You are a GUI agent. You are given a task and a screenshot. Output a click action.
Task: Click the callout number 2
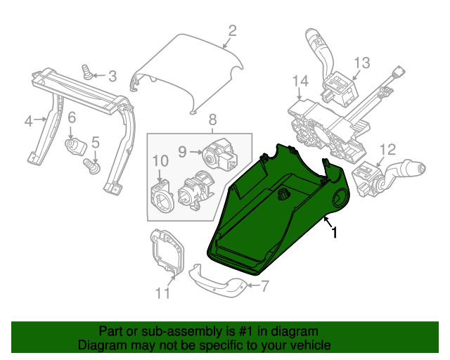point(232,31)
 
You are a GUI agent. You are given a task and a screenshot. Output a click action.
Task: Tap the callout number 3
point(112,76)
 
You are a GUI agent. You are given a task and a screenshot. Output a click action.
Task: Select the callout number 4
point(29,122)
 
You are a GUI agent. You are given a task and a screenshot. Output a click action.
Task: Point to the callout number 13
point(362,63)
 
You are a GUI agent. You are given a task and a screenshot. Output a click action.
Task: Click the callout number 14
point(300,81)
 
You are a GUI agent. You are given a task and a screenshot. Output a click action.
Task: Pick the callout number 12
point(387,150)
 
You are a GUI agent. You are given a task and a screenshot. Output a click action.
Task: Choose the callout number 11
point(162,293)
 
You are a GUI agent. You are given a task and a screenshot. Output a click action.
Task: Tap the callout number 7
point(264,286)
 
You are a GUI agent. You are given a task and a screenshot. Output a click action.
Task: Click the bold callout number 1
point(334,232)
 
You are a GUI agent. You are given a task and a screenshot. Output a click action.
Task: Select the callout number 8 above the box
point(212,120)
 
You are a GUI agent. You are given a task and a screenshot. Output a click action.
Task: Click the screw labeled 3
point(86,72)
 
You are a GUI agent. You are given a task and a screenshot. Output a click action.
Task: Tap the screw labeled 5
point(92,167)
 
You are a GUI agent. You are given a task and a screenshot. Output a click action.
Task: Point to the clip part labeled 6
point(76,147)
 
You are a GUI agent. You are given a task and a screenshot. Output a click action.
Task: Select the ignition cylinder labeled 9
point(220,155)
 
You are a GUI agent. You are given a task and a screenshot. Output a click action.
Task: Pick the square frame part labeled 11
point(167,252)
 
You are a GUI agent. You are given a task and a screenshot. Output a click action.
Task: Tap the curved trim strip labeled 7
point(218,281)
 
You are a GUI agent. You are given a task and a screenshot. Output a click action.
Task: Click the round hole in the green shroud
point(340,198)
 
